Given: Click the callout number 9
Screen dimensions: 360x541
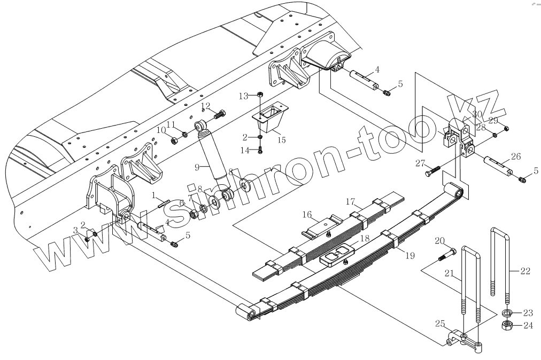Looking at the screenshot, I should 197,167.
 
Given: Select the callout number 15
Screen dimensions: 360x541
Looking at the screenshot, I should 282,140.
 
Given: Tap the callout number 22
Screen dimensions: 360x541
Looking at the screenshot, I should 525,271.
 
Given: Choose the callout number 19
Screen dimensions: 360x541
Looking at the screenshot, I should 409,255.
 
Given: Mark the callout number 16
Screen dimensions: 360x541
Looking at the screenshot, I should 307,214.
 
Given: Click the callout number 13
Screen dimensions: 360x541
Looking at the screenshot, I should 244,96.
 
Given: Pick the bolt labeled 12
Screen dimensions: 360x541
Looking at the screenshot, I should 220,113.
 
